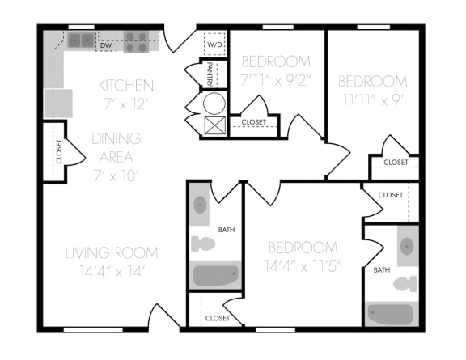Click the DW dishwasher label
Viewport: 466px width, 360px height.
[x=106, y=45]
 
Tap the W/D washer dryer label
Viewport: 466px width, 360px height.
[x=214, y=44]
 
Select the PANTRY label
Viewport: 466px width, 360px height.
[x=210, y=74]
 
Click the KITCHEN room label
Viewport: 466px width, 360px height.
[x=125, y=85]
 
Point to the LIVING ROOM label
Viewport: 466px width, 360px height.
[x=112, y=252]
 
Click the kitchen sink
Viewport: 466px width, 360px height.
[x=80, y=40]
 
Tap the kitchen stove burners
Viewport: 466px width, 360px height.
[x=136, y=40]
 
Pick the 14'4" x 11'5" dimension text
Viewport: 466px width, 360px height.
[x=303, y=266]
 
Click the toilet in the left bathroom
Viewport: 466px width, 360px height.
[x=203, y=242]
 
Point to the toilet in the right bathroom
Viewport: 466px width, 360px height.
[x=405, y=284]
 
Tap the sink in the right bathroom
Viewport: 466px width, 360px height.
[x=408, y=247]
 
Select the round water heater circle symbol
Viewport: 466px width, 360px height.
[x=214, y=104]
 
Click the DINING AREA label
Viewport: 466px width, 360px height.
[x=116, y=147]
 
